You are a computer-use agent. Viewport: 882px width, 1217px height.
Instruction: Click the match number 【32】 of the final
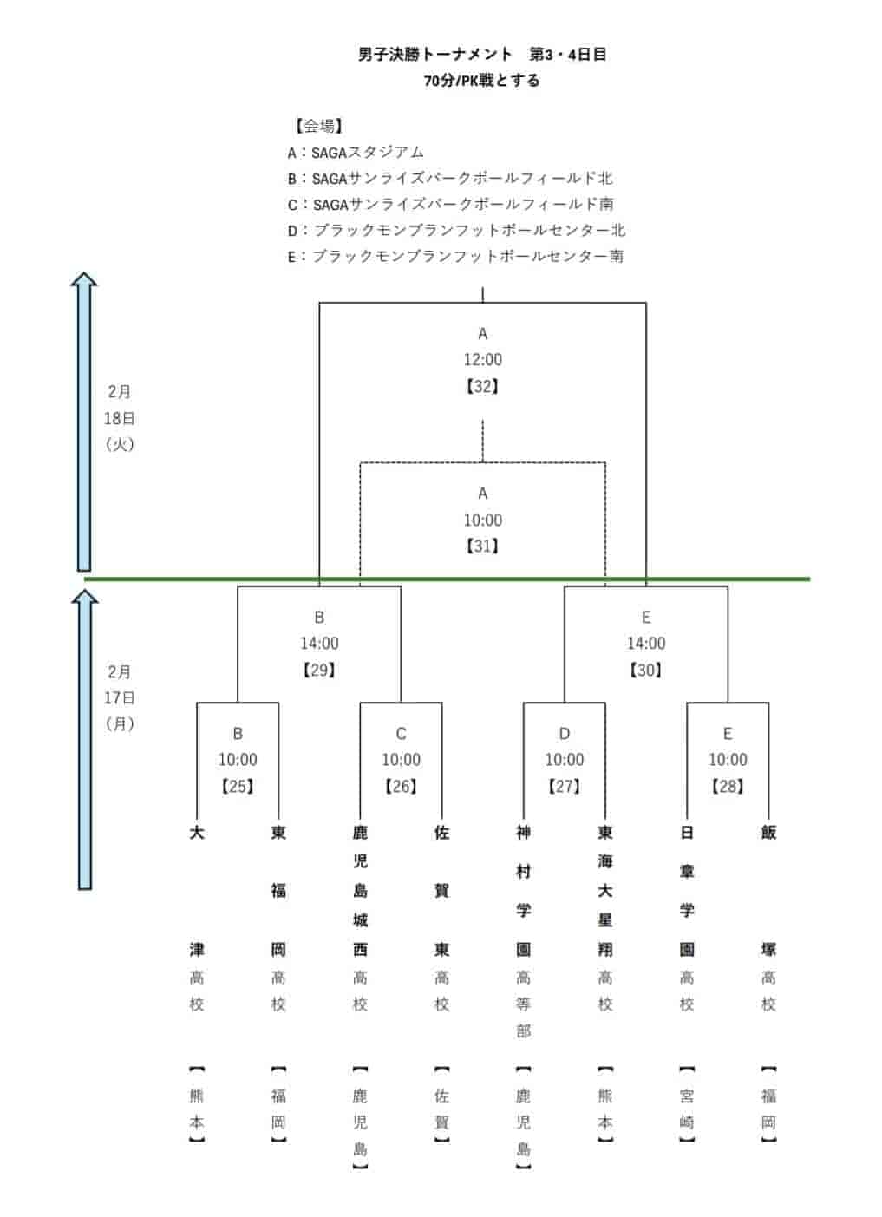click(482, 386)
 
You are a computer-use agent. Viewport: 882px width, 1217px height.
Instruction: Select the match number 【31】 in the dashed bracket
click(482, 546)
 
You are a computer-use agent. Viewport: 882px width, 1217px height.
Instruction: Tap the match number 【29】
click(319, 670)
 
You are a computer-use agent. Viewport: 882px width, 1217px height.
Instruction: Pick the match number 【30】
click(646, 670)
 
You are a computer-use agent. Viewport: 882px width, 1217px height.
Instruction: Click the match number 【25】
click(238, 786)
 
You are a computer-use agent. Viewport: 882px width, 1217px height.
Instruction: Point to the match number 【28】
click(728, 786)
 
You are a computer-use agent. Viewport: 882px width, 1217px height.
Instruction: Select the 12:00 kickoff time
click(482, 360)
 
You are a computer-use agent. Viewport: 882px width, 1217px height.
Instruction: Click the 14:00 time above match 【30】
click(646, 644)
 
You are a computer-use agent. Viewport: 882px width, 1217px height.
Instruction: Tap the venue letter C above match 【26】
click(401, 734)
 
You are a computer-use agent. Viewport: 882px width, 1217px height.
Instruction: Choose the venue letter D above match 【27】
click(565, 734)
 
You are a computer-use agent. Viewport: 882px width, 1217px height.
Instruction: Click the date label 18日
click(120, 418)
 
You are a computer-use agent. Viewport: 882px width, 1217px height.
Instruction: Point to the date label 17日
click(120, 697)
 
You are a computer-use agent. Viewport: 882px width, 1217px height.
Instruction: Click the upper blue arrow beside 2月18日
click(84, 422)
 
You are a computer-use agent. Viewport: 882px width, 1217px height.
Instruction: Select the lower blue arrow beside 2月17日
click(85, 739)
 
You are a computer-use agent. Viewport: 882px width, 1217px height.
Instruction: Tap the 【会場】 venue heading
click(318, 126)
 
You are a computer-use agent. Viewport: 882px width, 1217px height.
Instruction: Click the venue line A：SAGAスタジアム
click(356, 153)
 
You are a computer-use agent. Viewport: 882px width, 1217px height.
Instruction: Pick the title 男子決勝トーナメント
click(435, 54)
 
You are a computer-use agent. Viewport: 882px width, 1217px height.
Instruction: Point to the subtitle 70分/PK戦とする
click(481, 81)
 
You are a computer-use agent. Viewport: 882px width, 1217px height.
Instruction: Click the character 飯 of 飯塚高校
click(768, 833)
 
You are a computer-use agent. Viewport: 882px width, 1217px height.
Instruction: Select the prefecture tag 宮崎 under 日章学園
click(687, 1109)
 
